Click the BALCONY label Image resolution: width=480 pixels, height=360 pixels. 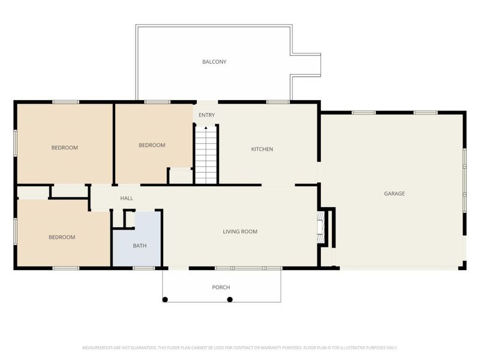pyautogui.click(x=214, y=62)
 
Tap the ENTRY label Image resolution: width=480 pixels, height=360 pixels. pyautogui.click(x=206, y=115)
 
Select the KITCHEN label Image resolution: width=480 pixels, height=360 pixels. pyautogui.click(x=262, y=149)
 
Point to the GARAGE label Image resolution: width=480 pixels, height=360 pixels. pyautogui.click(x=394, y=193)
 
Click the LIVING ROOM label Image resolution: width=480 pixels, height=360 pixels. pyautogui.click(x=240, y=232)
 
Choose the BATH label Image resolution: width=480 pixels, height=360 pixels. pyautogui.click(x=140, y=245)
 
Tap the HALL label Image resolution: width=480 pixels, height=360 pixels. pyautogui.click(x=127, y=198)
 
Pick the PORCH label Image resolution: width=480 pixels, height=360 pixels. pyautogui.click(x=221, y=287)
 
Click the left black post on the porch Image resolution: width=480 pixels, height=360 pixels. pyautogui.click(x=165, y=299)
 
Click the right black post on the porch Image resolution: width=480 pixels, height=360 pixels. pyautogui.click(x=230, y=299)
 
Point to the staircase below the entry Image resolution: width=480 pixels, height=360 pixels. pyautogui.click(x=206, y=155)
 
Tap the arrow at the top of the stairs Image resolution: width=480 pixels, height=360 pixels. pyautogui.click(x=206, y=128)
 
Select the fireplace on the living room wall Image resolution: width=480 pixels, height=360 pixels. pyautogui.click(x=320, y=227)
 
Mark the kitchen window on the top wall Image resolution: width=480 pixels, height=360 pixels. pyautogui.click(x=278, y=102)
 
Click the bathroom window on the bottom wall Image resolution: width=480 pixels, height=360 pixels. pyautogui.click(x=144, y=268)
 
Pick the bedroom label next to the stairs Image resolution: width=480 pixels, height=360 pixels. pyautogui.click(x=152, y=145)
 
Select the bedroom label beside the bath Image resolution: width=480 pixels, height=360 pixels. pyautogui.click(x=62, y=237)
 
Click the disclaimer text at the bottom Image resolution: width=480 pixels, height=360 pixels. pyautogui.click(x=239, y=348)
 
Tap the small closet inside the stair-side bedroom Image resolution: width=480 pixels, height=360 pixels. pyautogui.click(x=181, y=176)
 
